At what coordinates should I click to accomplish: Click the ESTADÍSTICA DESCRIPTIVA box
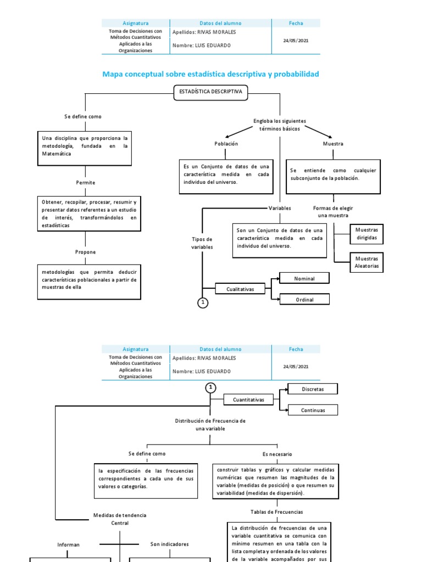(211, 93)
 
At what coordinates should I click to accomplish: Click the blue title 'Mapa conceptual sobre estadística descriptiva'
(211, 74)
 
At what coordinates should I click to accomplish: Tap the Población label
(226, 144)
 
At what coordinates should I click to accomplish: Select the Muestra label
(333, 144)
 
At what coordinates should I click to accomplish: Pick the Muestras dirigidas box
(367, 234)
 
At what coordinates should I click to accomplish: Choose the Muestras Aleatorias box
(367, 262)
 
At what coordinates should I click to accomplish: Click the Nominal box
(304, 279)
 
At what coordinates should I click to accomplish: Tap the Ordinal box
(304, 299)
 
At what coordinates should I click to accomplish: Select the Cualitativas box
(240, 289)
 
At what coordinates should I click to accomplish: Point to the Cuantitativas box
(248, 400)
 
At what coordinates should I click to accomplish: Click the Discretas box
(313, 389)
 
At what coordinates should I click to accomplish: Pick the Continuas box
(313, 410)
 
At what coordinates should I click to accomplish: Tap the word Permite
(85, 182)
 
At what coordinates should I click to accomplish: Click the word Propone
(85, 252)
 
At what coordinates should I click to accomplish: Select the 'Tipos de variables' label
(202, 243)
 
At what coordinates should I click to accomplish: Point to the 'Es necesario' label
(277, 454)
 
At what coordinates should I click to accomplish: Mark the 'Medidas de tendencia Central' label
(120, 519)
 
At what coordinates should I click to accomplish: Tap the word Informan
(69, 545)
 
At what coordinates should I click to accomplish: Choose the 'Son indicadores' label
(169, 544)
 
